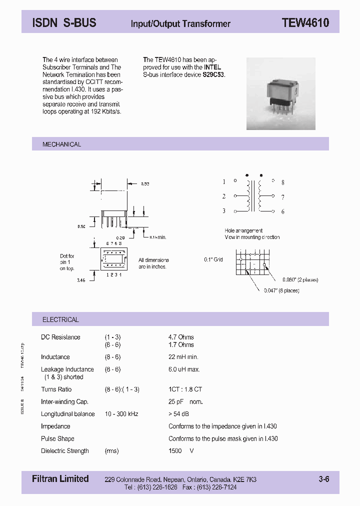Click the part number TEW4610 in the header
pyautogui.click(x=305, y=23)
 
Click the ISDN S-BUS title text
pyautogui.click(x=64, y=23)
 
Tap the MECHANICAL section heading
pyautogui.click(x=61, y=144)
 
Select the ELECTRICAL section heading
pyautogui.click(x=60, y=319)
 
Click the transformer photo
pyautogui.click(x=280, y=93)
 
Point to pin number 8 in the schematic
pyautogui.click(x=282, y=182)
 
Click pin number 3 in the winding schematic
pyautogui.click(x=224, y=211)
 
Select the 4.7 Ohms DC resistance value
pyautogui.click(x=181, y=337)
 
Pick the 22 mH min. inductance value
pyautogui.click(x=183, y=357)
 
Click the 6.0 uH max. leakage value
pyautogui.click(x=184, y=369)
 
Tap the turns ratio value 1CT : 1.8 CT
pyautogui.click(x=185, y=389)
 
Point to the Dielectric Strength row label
pyautogui.click(x=65, y=451)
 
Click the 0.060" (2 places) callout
pyautogui.click(x=300, y=280)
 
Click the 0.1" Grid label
pyautogui.click(x=213, y=259)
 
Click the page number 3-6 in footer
pyautogui.click(x=324, y=479)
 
